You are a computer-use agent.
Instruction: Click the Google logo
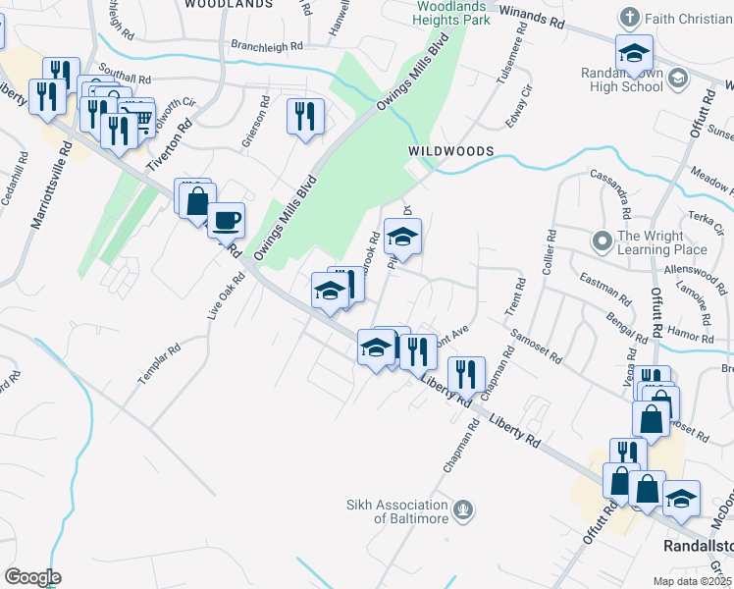pyautogui.click(x=32, y=577)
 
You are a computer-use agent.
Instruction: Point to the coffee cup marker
pyautogui.click(x=226, y=220)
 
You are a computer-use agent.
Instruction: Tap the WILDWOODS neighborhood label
pyautogui.click(x=450, y=151)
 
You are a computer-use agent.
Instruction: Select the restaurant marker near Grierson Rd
pyautogui.click(x=305, y=115)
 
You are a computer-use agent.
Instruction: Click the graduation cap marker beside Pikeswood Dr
pyautogui.click(x=402, y=236)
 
